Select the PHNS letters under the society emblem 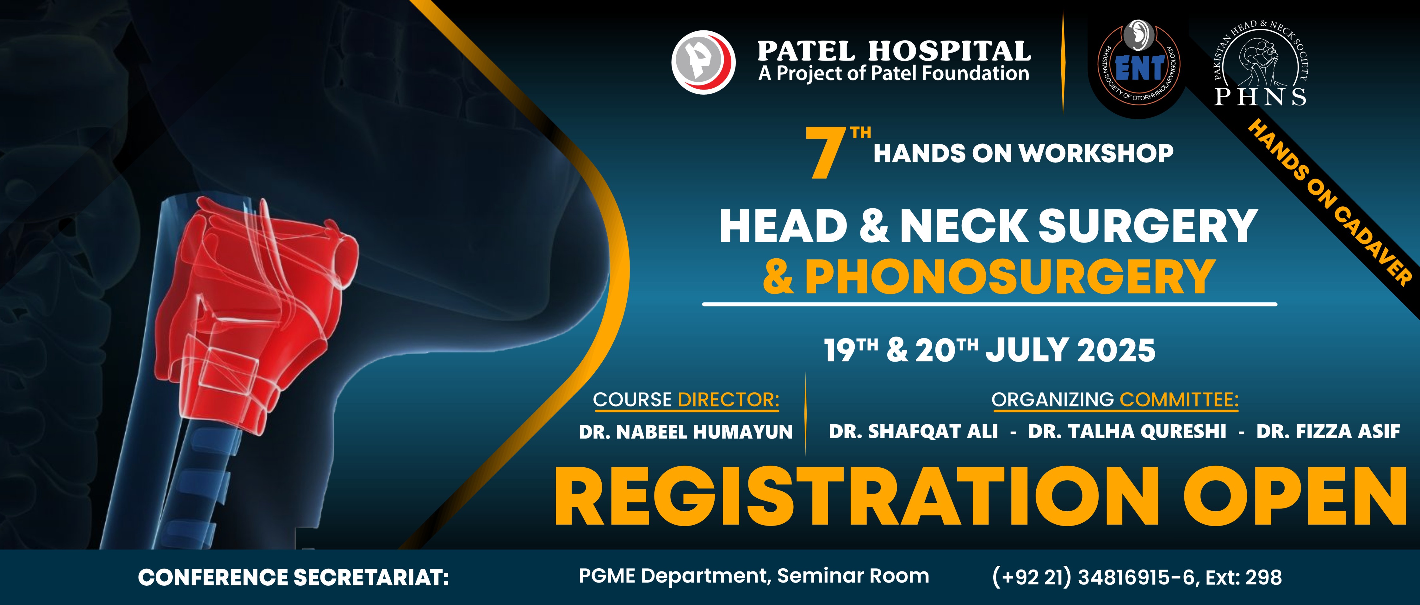click(1261, 97)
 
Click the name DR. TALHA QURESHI click(1127, 432)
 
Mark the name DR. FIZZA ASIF click(1328, 432)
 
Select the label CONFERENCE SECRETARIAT click(293, 577)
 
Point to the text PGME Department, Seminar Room click(753, 576)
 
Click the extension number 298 click(1263, 577)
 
